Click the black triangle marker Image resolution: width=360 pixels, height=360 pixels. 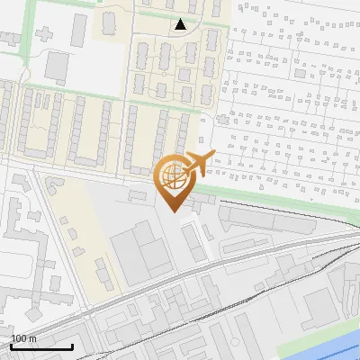click(x=181, y=24)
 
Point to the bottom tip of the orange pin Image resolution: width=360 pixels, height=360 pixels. click(x=173, y=211)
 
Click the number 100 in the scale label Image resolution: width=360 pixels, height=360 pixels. click(x=19, y=338)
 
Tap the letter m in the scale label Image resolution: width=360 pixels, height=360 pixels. click(x=33, y=338)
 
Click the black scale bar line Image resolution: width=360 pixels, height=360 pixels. click(x=41, y=346)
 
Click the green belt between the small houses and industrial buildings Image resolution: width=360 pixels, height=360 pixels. click(x=270, y=196)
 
